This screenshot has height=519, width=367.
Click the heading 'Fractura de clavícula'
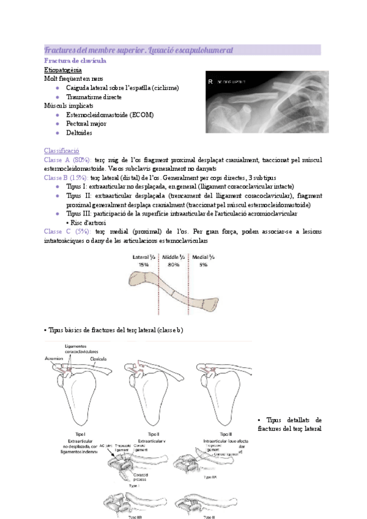tap(76, 61)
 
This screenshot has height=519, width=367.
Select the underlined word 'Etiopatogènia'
tap(64, 70)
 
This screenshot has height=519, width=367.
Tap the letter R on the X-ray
tap(211, 81)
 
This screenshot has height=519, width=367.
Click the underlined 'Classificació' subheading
tap(62, 151)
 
